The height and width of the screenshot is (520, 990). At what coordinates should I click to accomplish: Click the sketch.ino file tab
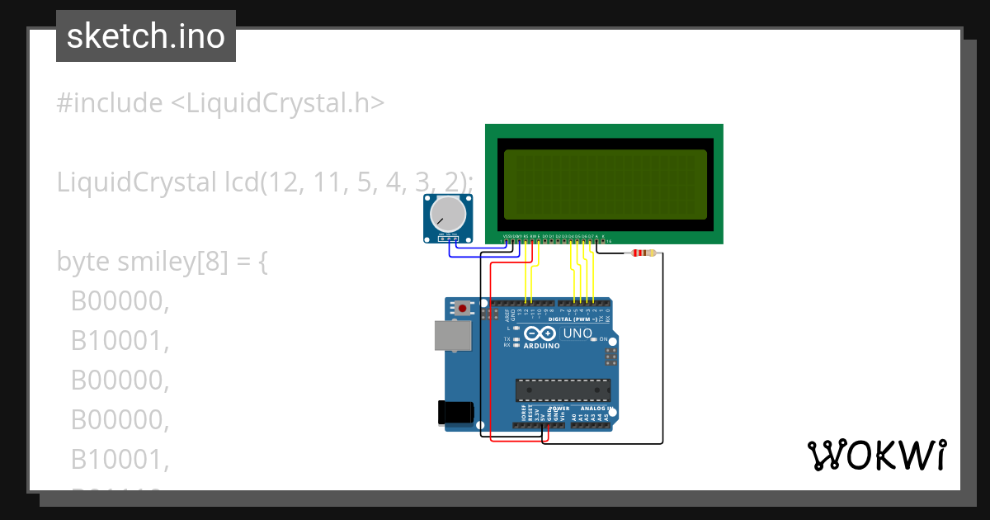click(x=146, y=36)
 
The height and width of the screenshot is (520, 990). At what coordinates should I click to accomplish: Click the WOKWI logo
click(x=876, y=456)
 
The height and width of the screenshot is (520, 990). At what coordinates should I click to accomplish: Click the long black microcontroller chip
click(x=563, y=390)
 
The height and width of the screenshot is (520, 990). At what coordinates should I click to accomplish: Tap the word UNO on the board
click(x=577, y=333)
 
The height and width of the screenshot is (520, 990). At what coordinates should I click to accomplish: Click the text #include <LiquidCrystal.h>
click(x=220, y=103)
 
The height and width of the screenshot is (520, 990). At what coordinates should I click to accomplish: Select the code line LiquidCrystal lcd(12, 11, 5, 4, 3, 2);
click(x=265, y=182)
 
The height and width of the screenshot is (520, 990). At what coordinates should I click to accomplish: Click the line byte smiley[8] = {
click(x=163, y=262)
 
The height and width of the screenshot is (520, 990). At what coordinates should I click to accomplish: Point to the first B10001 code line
click(x=120, y=341)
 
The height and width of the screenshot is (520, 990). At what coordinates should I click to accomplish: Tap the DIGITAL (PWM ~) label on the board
click(x=577, y=319)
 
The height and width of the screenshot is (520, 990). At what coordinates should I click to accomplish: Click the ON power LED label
click(x=603, y=339)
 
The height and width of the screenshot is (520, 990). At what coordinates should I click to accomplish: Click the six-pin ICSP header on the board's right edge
click(x=610, y=357)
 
